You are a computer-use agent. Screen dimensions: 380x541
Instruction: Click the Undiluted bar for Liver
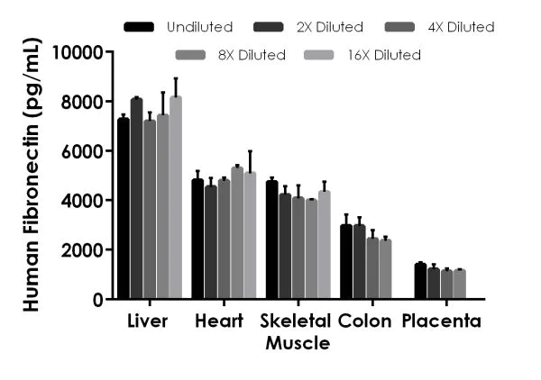pyautogui.click(x=124, y=209)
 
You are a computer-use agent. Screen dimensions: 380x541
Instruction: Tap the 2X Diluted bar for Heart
pyautogui.click(x=210, y=243)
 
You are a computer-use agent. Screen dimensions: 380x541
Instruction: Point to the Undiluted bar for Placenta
pyautogui.click(x=420, y=281)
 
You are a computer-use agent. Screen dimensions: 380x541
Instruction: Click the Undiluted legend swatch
pyautogui.click(x=139, y=27)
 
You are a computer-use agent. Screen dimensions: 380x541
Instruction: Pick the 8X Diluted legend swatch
pyautogui.click(x=191, y=55)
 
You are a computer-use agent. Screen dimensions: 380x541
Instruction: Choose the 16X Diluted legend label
pyautogui.click(x=383, y=55)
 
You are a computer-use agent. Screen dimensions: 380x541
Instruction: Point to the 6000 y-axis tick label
pyautogui.click(x=83, y=151)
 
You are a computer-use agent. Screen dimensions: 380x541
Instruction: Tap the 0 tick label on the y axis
pyautogui.click(x=97, y=299)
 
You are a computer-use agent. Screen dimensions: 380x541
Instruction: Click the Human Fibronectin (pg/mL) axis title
pyautogui.click(x=31, y=175)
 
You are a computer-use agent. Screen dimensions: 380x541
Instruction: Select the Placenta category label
pyautogui.click(x=442, y=321)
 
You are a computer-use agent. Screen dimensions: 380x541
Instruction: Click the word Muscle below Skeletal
pyautogui.click(x=297, y=343)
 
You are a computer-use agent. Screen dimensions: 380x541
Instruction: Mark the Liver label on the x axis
pyautogui.click(x=148, y=321)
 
